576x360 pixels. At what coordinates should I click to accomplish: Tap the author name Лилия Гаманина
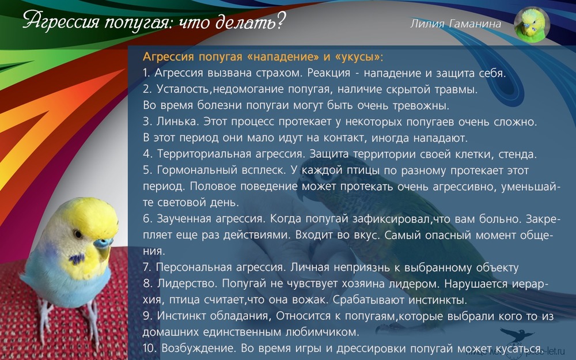[x=456, y=24]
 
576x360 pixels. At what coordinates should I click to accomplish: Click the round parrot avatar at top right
[x=532, y=25]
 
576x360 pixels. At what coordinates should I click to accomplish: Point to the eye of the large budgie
[x=77, y=234]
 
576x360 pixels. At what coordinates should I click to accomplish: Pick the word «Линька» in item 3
[x=177, y=121]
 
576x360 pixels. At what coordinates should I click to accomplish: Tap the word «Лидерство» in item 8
[x=187, y=283]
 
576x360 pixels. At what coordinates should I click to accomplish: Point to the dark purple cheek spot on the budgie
[x=77, y=259]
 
